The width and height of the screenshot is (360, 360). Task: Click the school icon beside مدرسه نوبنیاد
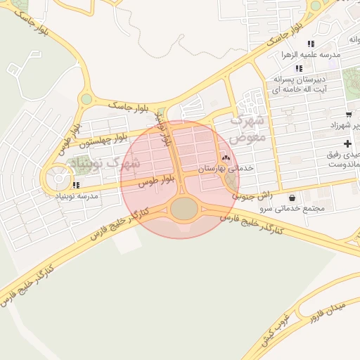[75, 185]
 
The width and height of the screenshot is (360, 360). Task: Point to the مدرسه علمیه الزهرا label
[310, 54]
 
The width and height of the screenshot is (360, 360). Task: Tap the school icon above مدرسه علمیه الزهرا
[310, 44]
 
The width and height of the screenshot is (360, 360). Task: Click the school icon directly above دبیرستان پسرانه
[299, 68]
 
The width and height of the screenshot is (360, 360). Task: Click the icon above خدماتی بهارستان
[226, 157]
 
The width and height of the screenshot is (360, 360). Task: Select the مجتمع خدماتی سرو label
[290, 209]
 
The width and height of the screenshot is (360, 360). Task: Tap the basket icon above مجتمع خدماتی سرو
[292, 198]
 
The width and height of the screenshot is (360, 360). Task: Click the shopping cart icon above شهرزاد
[349, 114]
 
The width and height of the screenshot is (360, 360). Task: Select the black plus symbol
[347, 143]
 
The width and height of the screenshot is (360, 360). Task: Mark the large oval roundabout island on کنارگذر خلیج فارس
[184, 208]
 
